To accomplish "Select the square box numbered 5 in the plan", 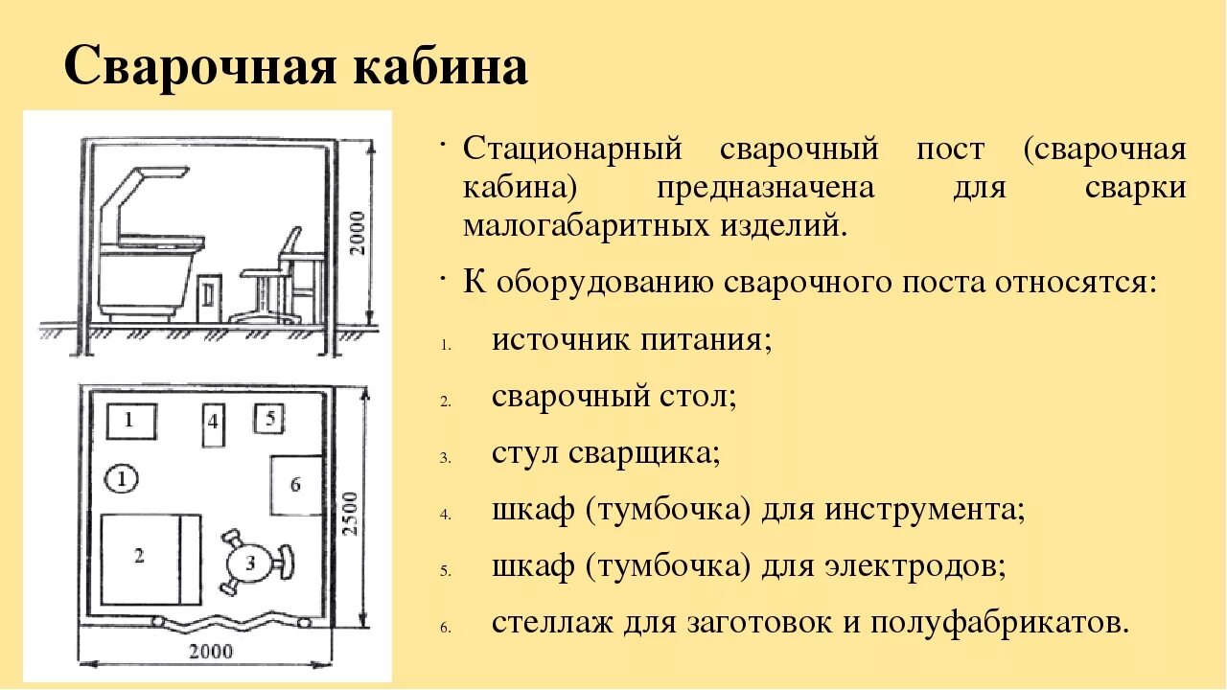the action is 269,419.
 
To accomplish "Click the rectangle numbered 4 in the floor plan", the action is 213,425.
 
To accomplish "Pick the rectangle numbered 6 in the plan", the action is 294,485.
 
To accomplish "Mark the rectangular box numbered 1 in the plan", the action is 130,420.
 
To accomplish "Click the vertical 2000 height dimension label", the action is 357,233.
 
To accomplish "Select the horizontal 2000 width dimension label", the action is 210,652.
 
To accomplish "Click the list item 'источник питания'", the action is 632,340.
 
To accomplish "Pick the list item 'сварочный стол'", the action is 613,395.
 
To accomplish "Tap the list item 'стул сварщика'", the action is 606,452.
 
